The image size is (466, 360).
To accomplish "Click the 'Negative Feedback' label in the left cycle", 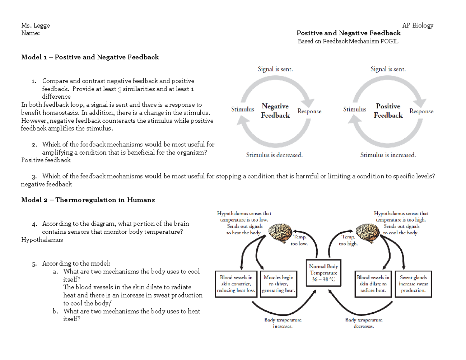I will tap(275, 111).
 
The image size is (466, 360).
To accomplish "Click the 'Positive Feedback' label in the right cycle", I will tap(388, 111).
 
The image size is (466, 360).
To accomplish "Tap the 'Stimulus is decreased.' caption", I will tap(274, 155).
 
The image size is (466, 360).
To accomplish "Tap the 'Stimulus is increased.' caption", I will tap(388, 155).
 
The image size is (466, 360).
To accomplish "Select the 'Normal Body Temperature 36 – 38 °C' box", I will tap(323, 273).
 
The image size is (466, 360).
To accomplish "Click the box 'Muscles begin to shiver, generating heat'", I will tap(279, 284).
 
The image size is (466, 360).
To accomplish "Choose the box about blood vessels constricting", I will tap(236, 284).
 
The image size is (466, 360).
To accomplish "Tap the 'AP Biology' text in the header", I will tap(417, 26).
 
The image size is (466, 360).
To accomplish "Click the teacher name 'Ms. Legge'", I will tap(36, 26).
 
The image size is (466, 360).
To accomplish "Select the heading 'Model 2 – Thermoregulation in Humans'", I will tap(88, 200).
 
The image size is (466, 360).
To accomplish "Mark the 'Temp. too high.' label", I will tap(348, 240).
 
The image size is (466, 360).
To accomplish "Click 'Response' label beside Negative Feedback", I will tap(309, 111).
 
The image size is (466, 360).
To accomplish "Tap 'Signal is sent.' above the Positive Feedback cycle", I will tap(388, 70).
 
